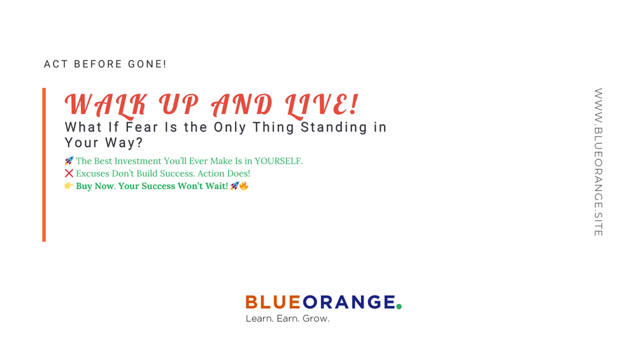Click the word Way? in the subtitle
pyautogui.click(x=124, y=143)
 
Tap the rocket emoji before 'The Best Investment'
pyautogui.click(x=69, y=161)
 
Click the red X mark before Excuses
pyautogui.click(x=69, y=173)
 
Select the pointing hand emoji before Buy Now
pyautogui.click(x=69, y=185)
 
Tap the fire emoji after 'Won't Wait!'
pyautogui.click(x=244, y=185)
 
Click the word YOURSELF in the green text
pyautogui.click(x=278, y=161)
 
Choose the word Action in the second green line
pyautogui.click(x=210, y=173)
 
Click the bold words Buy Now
pyautogui.click(x=95, y=186)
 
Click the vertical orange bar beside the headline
pyautogui.click(x=44, y=164)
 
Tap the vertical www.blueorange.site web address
pyautogui.click(x=598, y=162)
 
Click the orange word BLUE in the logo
pyautogui.click(x=273, y=302)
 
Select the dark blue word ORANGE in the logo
pyautogui.click(x=348, y=302)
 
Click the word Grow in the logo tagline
pyautogui.click(x=315, y=319)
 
